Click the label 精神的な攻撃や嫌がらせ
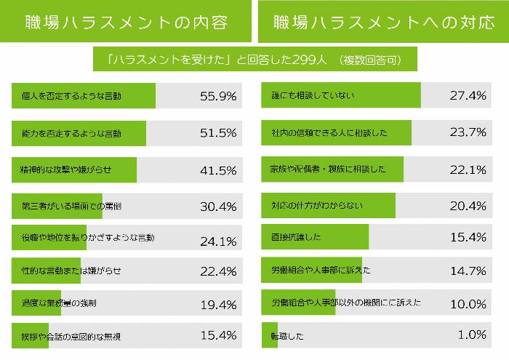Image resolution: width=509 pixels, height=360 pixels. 67,170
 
